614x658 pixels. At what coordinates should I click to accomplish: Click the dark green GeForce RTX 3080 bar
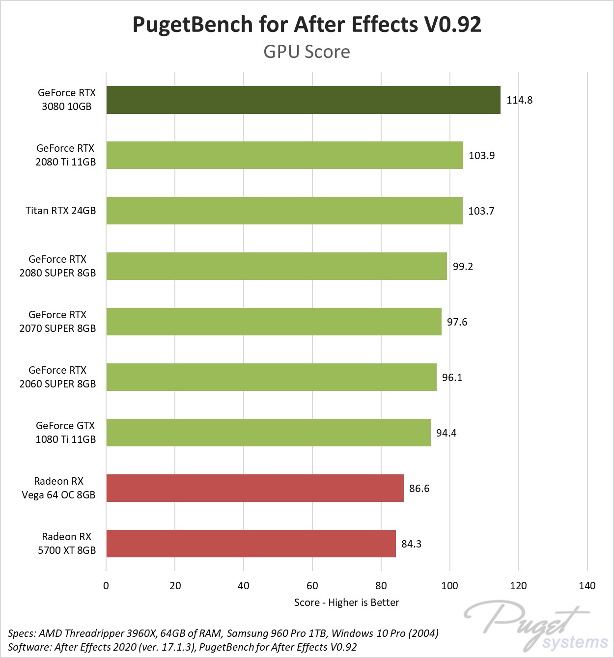click(x=303, y=100)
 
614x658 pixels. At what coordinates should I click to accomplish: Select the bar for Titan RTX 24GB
click(x=284, y=211)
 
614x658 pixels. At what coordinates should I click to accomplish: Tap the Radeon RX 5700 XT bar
click(x=251, y=544)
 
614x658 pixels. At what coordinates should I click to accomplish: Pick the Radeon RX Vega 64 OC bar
click(x=255, y=488)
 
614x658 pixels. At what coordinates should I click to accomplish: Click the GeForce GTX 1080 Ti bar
click(x=268, y=433)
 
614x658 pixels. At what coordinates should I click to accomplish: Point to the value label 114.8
click(x=519, y=100)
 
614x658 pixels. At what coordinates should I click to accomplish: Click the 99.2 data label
click(x=463, y=267)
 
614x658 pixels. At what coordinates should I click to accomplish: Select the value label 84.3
click(x=411, y=544)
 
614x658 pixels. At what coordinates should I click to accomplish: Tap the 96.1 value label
click(x=452, y=378)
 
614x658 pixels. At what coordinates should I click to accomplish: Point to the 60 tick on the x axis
click(x=312, y=586)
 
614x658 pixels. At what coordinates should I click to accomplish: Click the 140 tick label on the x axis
click(x=587, y=586)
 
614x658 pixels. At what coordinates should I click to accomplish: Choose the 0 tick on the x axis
click(x=106, y=586)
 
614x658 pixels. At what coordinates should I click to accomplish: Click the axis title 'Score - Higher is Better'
click(x=346, y=603)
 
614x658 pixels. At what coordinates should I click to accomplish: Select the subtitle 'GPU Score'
click(x=307, y=52)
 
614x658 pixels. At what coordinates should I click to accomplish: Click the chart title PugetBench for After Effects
click(x=307, y=25)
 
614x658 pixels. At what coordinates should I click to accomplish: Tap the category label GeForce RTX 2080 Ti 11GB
click(x=65, y=155)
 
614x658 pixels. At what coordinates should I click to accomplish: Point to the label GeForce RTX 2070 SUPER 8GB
click(x=57, y=322)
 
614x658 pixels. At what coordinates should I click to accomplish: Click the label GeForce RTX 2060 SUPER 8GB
click(x=57, y=377)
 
